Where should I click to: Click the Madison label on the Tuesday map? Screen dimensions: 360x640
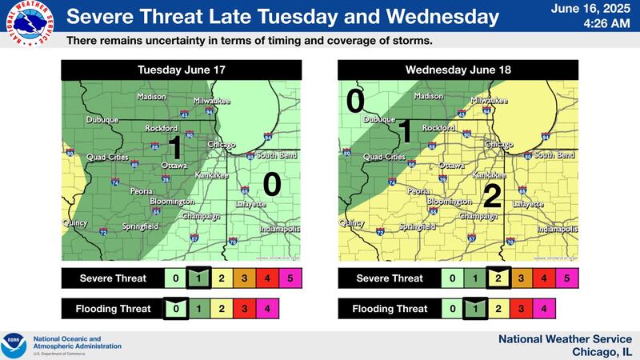151,97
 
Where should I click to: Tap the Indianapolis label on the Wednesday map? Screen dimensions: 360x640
557,229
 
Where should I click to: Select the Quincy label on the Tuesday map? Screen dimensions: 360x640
76,224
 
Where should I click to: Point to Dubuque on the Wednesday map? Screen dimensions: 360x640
379,120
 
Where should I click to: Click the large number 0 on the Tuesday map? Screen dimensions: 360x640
272,184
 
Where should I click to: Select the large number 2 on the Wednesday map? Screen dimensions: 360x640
492,196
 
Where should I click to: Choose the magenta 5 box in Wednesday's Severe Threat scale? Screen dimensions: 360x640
566,278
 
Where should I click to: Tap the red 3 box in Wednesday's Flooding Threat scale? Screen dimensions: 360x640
521,308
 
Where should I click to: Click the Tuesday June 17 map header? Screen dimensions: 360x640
182,70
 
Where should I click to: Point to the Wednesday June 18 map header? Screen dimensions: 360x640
459,70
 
